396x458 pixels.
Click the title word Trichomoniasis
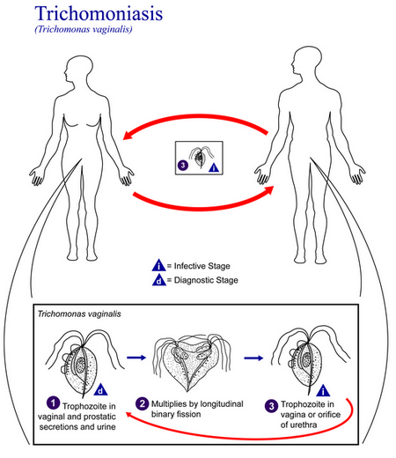(99, 13)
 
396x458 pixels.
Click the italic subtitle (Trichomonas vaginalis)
(84, 29)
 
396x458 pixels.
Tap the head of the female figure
(78, 70)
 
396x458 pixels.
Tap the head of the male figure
(306, 62)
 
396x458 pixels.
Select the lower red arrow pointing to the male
(202, 207)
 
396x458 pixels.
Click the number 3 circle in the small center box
(183, 165)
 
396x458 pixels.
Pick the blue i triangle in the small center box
(214, 167)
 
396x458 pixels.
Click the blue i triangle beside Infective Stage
(158, 265)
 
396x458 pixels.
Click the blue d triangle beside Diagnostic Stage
(159, 280)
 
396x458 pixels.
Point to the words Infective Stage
(202, 266)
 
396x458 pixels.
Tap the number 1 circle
(53, 403)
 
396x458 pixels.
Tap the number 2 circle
(142, 403)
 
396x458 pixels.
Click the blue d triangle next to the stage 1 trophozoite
(100, 389)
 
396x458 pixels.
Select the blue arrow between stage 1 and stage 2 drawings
(136, 358)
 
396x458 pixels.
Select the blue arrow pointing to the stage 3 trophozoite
(253, 358)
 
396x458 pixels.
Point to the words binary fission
(176, 414)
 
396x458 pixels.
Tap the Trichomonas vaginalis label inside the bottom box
(79, 314)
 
